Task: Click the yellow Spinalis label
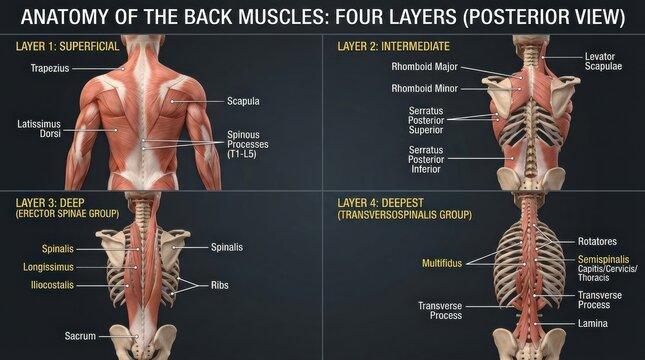coord(58,248)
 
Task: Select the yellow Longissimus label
coord(51,267)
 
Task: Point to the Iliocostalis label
coord(51,285)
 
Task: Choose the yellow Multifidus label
coord(442,264)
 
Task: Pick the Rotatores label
coord(598,241)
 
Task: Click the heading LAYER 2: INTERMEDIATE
coord(393,46)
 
